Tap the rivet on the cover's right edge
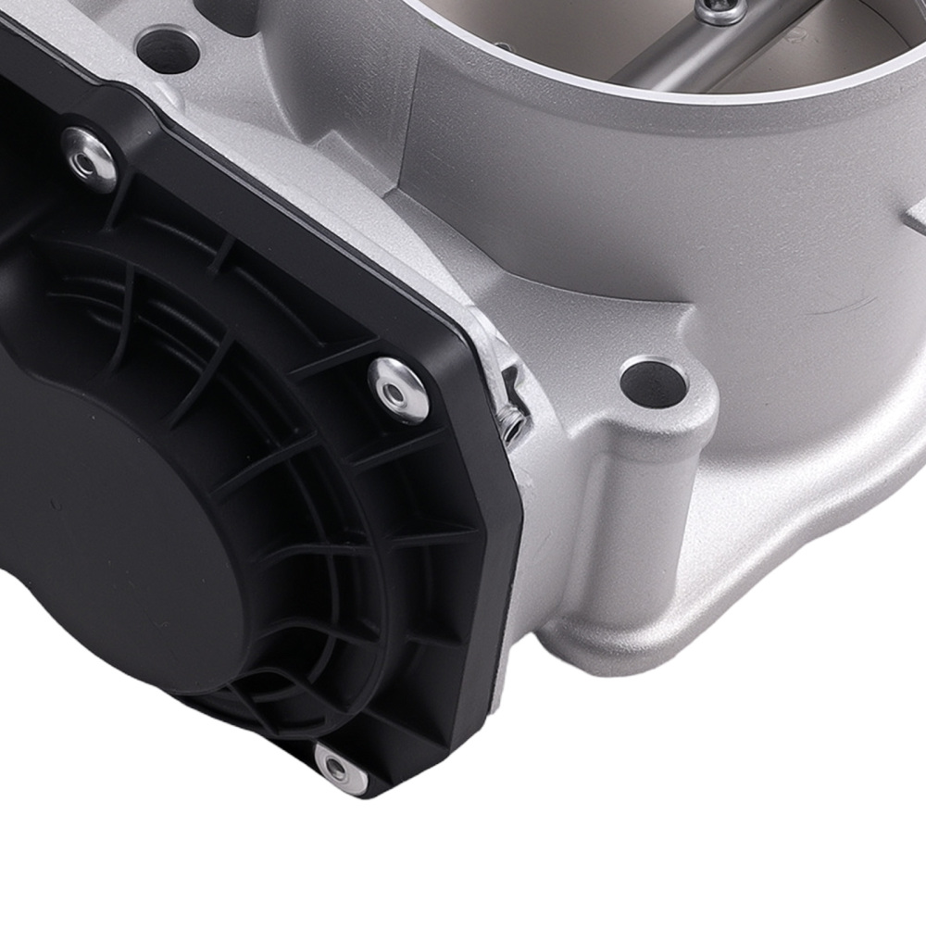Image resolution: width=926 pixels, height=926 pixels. pyautogui.click(x=398, y=389)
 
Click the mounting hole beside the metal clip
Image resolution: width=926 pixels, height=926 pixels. pyautogui.click(x=654, y=381)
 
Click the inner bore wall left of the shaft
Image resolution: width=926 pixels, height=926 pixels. pyautogui.click(x=556, y=46)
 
